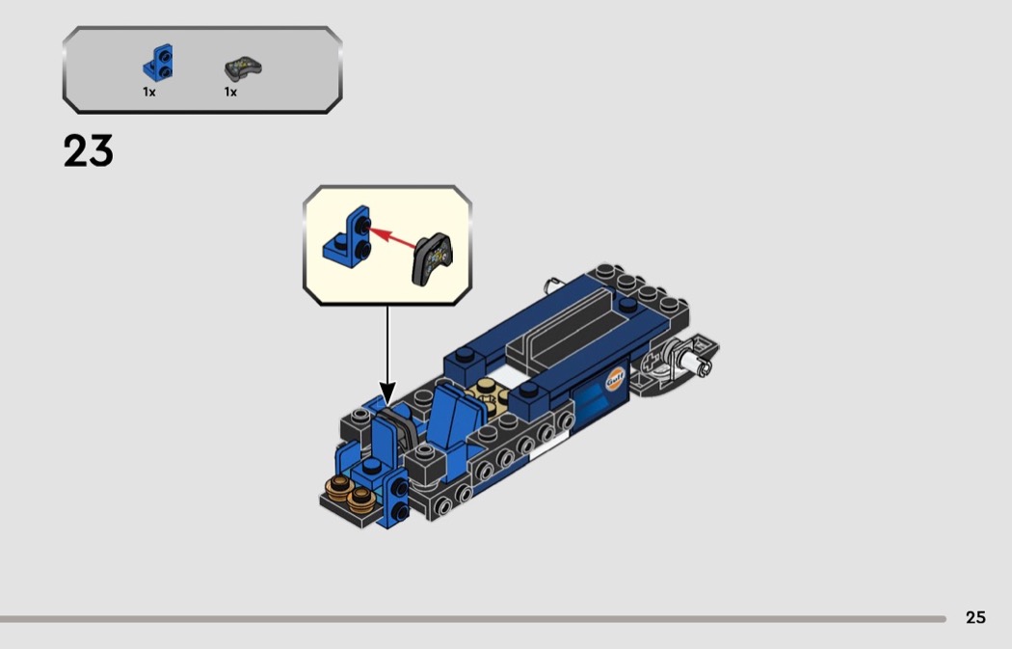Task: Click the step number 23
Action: coord(89,151)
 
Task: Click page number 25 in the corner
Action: coord(975,618)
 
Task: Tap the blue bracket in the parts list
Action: coord(158,63)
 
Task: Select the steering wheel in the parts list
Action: coord(243,68)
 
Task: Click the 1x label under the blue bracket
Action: coord(149,93)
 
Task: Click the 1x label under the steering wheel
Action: coord(230,93)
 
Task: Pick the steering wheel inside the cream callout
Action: coord(433,259)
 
